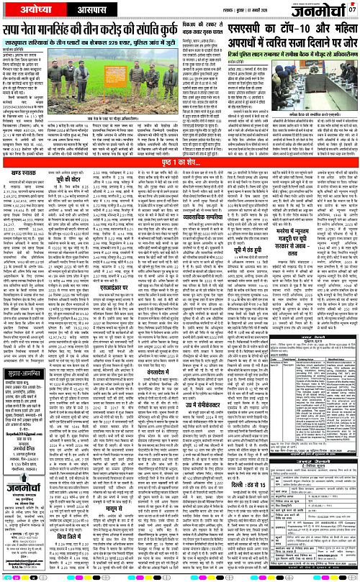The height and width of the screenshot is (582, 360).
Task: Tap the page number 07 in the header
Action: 353,9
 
